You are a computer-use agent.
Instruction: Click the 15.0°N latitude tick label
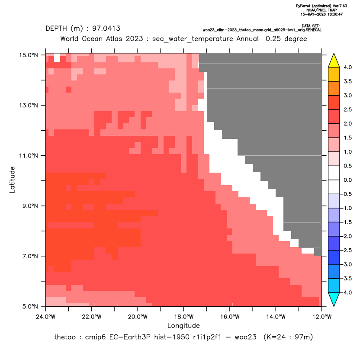pos(29,55)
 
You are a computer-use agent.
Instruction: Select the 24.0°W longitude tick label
pos(46,317)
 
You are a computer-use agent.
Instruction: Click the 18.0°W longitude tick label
pos(183,317)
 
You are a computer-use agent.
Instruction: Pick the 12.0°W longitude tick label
pos(322,317)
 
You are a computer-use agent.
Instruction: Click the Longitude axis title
pos(183,325)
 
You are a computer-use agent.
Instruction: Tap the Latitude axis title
pos(12,180)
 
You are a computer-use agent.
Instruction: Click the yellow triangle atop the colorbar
pos(334,61)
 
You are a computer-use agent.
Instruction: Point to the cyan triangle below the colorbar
pos(334,299)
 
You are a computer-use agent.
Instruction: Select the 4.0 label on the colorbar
pos(347,67)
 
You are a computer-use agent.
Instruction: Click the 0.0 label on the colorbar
pos(347,180)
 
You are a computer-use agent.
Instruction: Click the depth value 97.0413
pos(106,29)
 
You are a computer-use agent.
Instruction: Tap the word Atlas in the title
pos(114,39)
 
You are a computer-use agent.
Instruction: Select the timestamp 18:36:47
pos(334,14)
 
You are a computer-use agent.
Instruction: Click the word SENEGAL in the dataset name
pos(315,30)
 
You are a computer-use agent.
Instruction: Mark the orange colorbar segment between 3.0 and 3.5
pos(334,88)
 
